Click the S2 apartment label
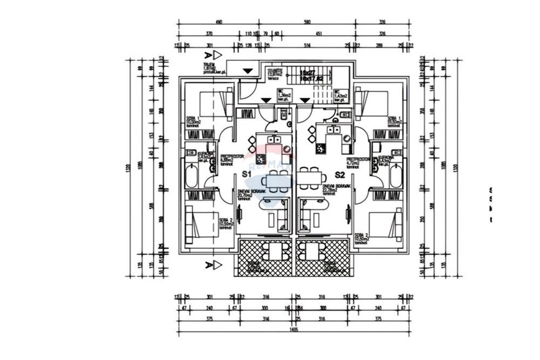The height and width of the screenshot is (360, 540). point(340,175)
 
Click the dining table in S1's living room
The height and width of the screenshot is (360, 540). point(275,180)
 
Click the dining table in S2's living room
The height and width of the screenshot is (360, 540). point(311,178)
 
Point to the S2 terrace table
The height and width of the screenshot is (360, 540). point(312,252)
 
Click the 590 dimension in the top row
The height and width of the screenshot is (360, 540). point(307,23)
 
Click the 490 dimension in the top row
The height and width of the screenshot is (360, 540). point(219,23)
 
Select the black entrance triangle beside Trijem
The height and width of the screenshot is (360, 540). point(247,71)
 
